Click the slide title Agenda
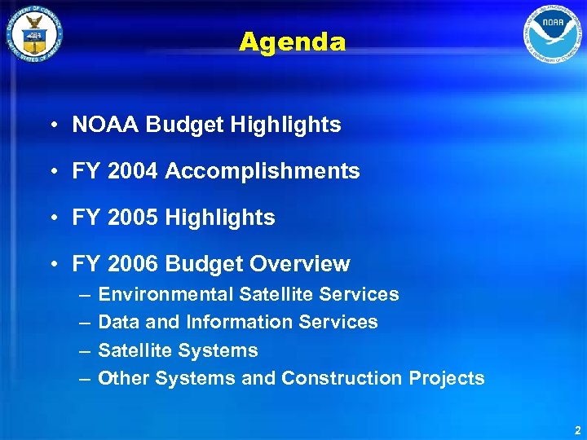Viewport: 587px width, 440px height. [x=293, y=42]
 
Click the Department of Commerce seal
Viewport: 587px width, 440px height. [x=33, y=33]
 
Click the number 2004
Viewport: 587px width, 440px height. [x=131, y=171]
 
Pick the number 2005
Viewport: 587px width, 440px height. [x=131, y=218]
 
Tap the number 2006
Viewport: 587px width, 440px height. [x=131, y=264]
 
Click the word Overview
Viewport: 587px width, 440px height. [x=299, y=264]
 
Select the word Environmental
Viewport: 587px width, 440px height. [x=165, y=294]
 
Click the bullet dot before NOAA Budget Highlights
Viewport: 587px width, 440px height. [x=51, y=125]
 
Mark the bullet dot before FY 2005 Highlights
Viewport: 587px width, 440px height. [x=51, y=218]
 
